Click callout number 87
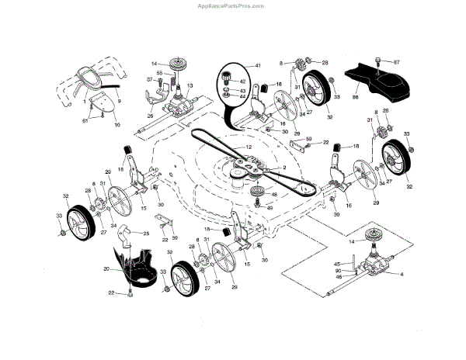pos(396,61)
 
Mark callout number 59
pos(309,140)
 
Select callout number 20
pos(106,268)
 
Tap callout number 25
pos(145,233)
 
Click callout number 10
pos(116,125)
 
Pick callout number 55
pos(158,72)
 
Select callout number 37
pos(149,80)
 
